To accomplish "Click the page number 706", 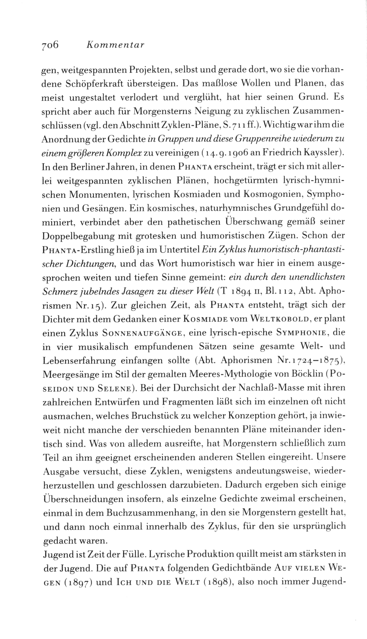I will point(50,45).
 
